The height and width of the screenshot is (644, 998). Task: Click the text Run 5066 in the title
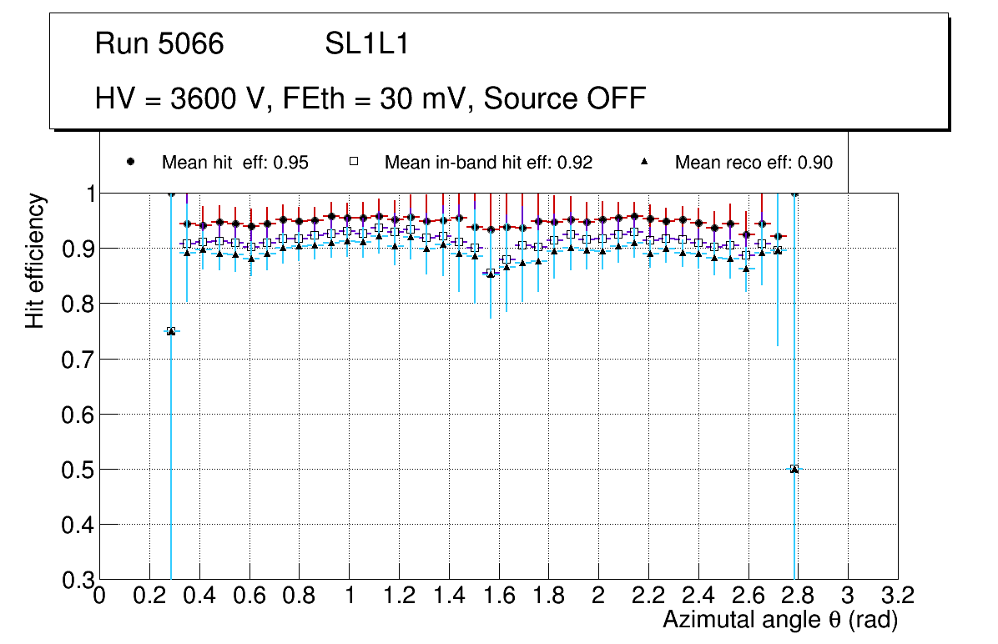click(x=159, y=44)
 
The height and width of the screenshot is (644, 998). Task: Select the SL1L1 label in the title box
click(x=366, y=44)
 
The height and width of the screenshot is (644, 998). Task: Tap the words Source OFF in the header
click(x=565, y=98)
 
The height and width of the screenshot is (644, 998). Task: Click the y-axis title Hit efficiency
click(x=34, y=260)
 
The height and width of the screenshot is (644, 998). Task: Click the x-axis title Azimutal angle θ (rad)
click(x=780, y=620)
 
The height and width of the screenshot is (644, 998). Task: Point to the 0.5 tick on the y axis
click(x=76, y=470)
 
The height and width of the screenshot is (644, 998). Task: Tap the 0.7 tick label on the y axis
click(x=76, y=359)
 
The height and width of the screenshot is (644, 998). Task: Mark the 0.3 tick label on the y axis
click(x=76, y=581)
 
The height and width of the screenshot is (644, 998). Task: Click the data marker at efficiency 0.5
click(x=794, y=469)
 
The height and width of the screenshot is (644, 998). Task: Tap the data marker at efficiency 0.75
click(x=171, y=331)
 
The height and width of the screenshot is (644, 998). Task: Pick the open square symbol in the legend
click(x=353, y=162)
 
